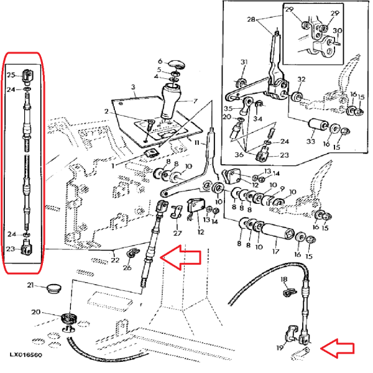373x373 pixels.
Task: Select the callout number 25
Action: [10, 75]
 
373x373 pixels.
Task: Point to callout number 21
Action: [30, 285]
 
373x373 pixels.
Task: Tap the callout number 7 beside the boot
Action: [195, 101]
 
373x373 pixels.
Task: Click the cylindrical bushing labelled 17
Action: [275, 236]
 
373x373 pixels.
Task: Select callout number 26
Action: [126, 269]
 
